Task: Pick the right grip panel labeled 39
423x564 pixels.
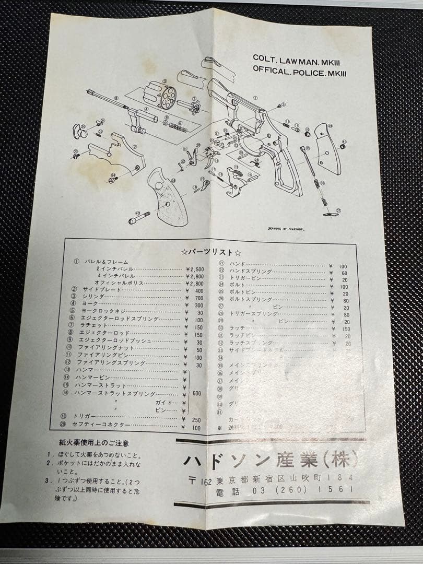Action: (328, 148)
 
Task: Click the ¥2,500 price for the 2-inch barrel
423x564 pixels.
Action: (194, 269)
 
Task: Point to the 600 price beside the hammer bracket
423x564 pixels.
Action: (196, 393)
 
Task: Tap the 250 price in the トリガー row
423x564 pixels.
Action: (196, 420)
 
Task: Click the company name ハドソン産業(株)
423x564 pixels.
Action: (271, 460)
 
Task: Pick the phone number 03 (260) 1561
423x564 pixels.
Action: (302, 490)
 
